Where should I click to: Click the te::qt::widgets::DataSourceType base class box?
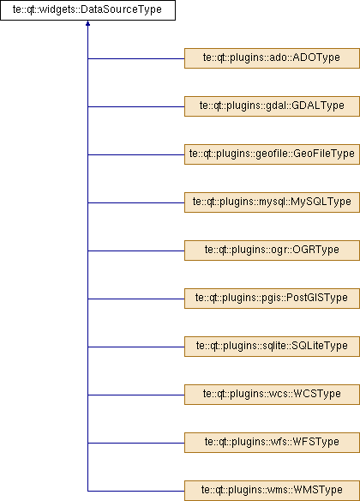click(87, 10)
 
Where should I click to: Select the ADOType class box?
click(272, 58)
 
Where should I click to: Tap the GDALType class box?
click(272, 106)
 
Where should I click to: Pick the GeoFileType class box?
click(272, 154)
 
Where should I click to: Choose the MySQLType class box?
click(272, 202)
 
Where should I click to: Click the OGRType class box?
click(272, 250)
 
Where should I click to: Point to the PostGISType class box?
click(272, 299)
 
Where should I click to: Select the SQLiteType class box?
click(272, 347)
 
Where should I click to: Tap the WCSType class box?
click(272, 395)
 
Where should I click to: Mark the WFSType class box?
click(272, 443)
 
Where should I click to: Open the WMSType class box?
click(272, 491)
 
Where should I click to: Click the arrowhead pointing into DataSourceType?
click(87, 23)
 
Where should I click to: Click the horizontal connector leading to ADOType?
click(136, 59)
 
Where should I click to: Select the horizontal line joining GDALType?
click(136, 106)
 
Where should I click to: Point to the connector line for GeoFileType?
click(136, 154)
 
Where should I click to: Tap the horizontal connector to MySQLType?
click(136, 202)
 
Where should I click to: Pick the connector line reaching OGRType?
click(136, 250)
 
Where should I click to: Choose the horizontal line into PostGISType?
click(136, 299)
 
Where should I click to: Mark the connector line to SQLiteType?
click(136, 347)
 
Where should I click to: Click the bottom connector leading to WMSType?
click(136, 491)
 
